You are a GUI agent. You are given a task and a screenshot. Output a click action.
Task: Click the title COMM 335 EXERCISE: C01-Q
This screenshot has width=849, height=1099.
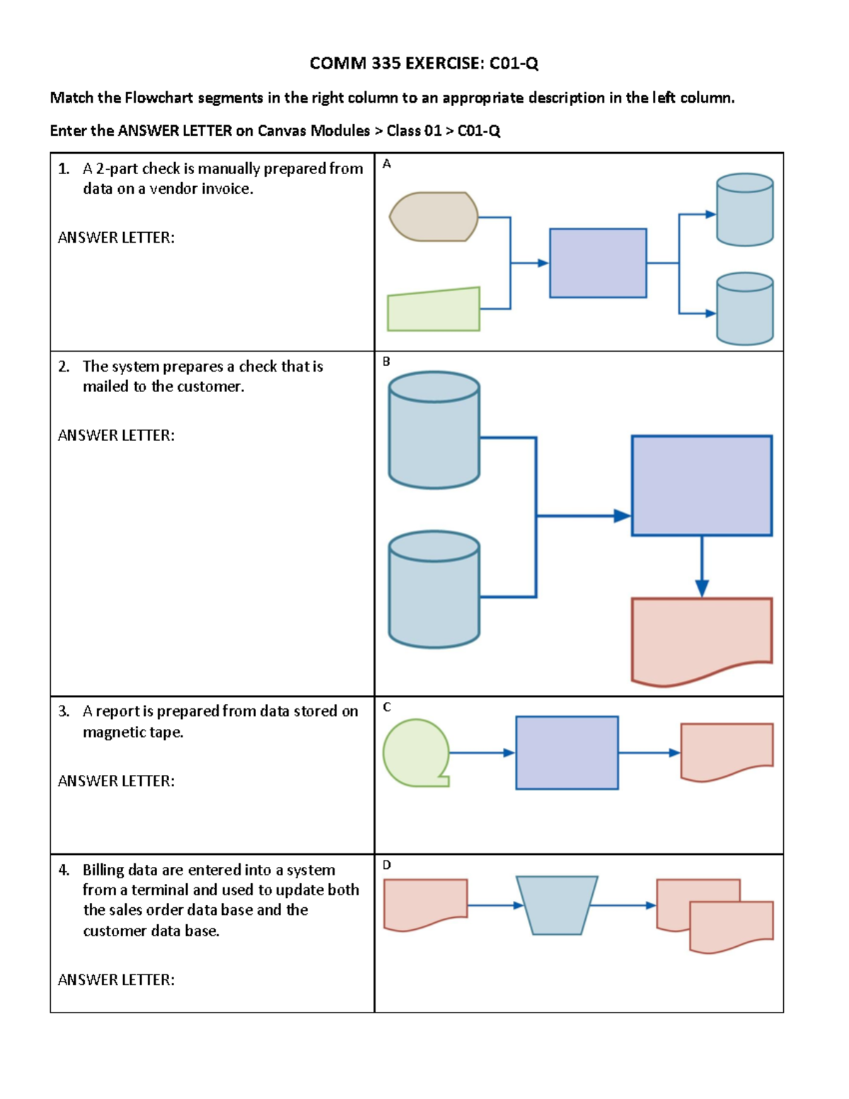424,64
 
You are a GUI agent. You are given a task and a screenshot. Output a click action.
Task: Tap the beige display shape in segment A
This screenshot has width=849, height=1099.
434,217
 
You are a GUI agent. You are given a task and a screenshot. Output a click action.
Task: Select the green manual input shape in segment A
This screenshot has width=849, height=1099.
434,311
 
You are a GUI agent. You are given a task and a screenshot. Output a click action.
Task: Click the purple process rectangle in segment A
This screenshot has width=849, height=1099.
598,263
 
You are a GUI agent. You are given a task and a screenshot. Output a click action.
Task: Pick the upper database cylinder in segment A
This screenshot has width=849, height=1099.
744,210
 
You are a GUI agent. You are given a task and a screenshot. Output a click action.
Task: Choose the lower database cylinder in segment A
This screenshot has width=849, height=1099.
744,309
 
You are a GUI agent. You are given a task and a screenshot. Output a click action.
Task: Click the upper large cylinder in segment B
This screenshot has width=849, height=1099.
434,431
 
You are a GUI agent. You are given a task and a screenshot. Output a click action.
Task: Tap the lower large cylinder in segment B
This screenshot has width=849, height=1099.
434,590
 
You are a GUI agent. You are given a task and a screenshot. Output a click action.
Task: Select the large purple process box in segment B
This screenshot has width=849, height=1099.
701,485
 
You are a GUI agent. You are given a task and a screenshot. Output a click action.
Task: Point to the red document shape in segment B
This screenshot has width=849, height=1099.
701,637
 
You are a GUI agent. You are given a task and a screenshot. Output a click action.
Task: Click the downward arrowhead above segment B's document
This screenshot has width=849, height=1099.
702,588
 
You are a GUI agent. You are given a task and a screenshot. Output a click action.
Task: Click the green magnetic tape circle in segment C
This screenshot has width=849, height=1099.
416,752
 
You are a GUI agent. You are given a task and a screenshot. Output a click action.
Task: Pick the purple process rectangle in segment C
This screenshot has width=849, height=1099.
567,752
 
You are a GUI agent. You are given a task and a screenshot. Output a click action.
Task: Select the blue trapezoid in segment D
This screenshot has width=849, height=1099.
557,905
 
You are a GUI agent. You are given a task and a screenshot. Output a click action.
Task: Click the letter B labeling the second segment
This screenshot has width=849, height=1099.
386,362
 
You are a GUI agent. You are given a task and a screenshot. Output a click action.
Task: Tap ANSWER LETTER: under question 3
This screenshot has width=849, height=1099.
116,781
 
